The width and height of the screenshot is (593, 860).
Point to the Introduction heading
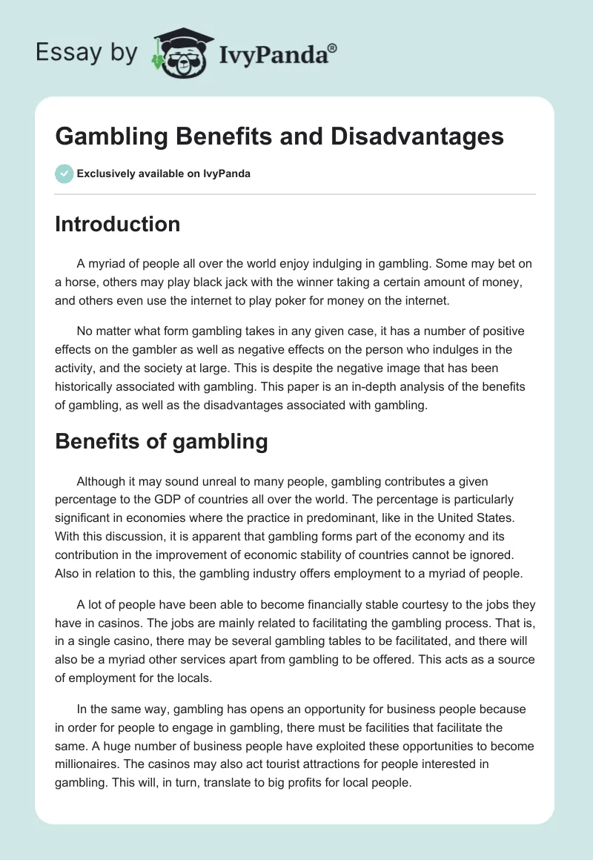117,224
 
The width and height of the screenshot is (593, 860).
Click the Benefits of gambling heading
161,441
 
